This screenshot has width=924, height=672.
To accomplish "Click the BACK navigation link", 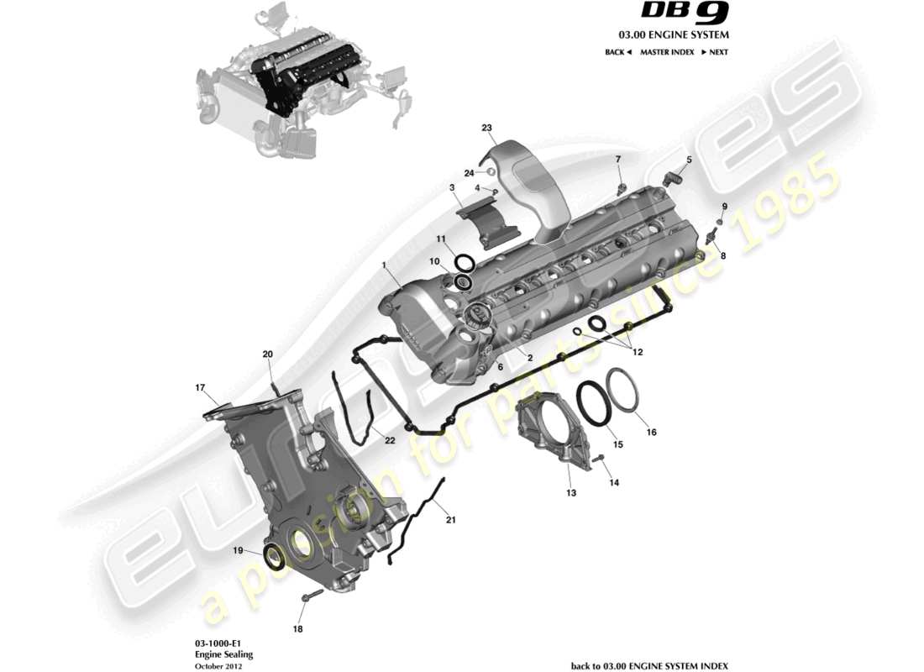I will click(617, 52).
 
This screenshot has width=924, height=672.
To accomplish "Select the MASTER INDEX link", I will click(667, 52).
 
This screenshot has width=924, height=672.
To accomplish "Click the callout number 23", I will click(486, 128).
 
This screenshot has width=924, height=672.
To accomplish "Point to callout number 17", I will click(201, 388).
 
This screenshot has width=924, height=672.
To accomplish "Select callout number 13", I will click(571, 493).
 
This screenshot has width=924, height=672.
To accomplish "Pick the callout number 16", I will click(651, 433).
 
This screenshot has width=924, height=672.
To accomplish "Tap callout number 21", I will click(450, 520).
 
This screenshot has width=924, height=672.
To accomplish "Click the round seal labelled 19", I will click(274, 556).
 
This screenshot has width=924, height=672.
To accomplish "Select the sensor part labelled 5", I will click(672, 177).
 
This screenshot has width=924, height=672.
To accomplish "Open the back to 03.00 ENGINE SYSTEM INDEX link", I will click(649, 665).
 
